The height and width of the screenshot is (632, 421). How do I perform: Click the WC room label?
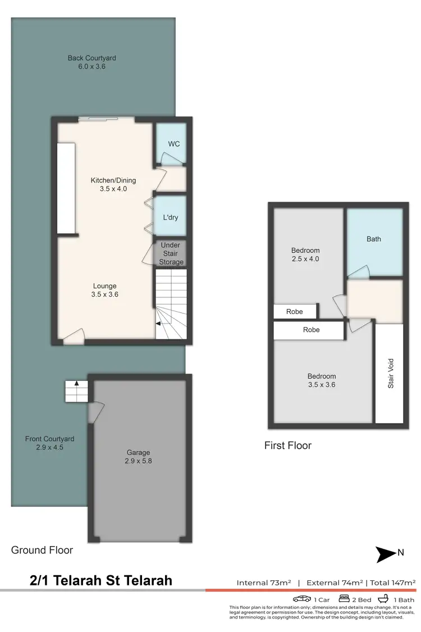[174, 144]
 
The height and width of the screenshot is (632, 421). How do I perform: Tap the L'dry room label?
[171, 217]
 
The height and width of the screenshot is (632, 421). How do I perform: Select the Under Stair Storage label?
[171, 254]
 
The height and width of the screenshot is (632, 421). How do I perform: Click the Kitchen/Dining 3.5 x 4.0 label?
[113, 184]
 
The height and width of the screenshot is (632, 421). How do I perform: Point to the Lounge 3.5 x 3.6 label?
[106, 290]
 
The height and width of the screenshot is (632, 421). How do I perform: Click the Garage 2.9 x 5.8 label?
[138, 456]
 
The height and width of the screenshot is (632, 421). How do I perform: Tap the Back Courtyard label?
[92, 62]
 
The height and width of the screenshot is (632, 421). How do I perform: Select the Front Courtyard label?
[49, 443]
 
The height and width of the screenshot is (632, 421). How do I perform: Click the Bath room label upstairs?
[374, 239]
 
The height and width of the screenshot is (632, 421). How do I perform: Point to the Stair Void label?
[391, 373]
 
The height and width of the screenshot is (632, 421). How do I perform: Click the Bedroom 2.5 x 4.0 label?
[305, 254]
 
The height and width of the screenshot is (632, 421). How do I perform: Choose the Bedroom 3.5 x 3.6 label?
[322, 380]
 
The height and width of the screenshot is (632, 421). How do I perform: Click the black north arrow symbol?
[386, 554]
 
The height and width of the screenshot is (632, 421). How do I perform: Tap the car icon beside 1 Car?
[302, 599]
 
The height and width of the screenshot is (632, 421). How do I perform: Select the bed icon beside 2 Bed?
[344, 599]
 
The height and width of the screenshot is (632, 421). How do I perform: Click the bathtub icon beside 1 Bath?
[386, 599]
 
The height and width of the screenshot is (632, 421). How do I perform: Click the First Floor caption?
[288, 445]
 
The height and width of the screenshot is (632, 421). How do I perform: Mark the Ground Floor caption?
[42, 550]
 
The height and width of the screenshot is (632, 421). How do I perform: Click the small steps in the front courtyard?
[77, 391]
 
